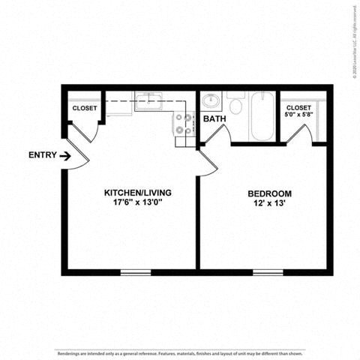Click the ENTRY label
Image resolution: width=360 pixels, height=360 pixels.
click(x=42, y=155)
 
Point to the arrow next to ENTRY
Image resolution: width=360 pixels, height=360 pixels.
click(x=65, y=156)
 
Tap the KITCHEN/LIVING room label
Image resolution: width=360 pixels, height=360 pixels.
click(x=133, y=193)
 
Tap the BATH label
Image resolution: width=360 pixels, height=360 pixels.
click(x=214, y=118)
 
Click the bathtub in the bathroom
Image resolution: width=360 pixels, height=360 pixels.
click(x=262, y=115)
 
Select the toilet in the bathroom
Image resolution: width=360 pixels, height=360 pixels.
click(x=235, y=104)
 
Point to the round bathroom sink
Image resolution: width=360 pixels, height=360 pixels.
click(x=211, y=100)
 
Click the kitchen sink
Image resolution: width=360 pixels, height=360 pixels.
click(x=149, y=100)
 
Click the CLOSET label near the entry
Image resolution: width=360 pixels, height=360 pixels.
click(x=85, y=109)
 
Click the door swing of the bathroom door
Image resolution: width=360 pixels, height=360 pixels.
click(x=217, y=136)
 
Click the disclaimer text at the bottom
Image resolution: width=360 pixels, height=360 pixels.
click(x=180, y=351)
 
